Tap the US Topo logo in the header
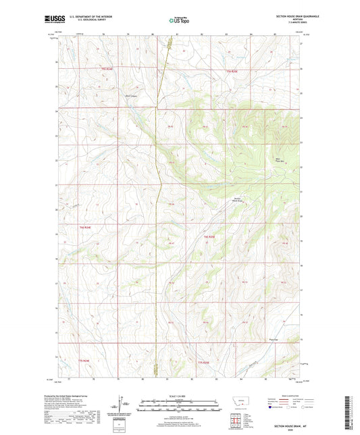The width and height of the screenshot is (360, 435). click(x=179, y=21)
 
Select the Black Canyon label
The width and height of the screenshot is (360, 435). click(x=136, y=104)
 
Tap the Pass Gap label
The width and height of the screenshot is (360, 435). click(x=274, y=340)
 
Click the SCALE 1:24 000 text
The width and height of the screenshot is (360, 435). click(x=180, y=396)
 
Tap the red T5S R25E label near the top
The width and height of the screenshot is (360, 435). click(x=232, y=70)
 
